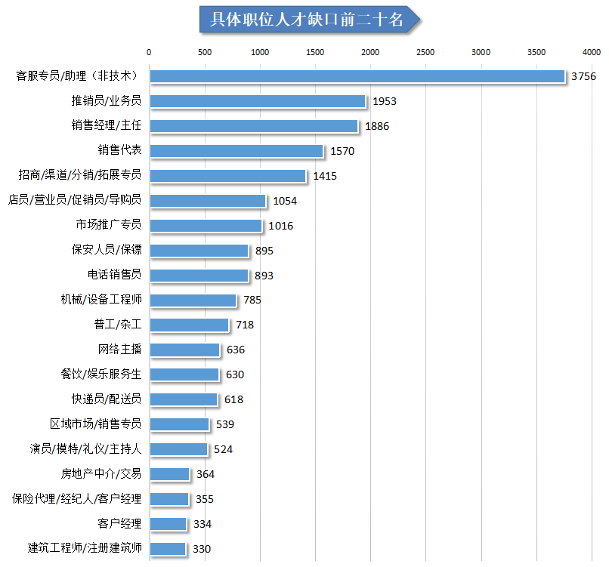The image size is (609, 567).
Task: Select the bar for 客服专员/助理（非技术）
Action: coord(357,76)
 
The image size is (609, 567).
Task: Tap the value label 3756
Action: coord(584,76)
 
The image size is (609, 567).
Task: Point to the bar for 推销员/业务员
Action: coord(257,101)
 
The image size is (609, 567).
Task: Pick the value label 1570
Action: coord(342,151)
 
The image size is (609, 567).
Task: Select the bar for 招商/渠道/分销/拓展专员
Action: coord(227,176)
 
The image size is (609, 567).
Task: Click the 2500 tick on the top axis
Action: coord(425,52)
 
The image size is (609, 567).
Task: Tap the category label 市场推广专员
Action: coord(108,225)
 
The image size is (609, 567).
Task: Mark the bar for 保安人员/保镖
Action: coord(199,250)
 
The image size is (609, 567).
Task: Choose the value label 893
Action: coord(264,276)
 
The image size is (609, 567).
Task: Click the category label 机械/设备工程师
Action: coord(101,300)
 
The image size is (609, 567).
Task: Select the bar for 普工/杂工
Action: coord(189,325)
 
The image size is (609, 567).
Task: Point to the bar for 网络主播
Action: coord(184,350)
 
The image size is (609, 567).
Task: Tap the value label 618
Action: coord(234,399)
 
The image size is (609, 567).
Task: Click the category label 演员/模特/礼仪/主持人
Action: coord(85,449)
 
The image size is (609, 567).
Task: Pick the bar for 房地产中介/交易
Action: coord(169,474)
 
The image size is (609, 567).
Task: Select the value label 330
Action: coord(202,549)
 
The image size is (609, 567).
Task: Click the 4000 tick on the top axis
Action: coord(591,52)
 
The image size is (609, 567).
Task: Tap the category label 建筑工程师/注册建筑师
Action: coord(85,548)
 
